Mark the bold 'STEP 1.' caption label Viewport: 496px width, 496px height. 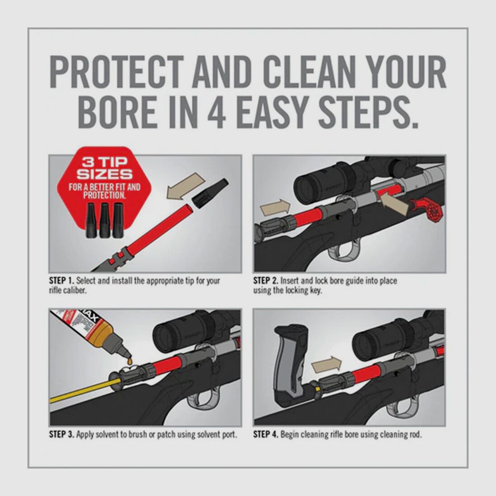(62, 281)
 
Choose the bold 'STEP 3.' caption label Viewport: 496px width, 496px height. (62, 435)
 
